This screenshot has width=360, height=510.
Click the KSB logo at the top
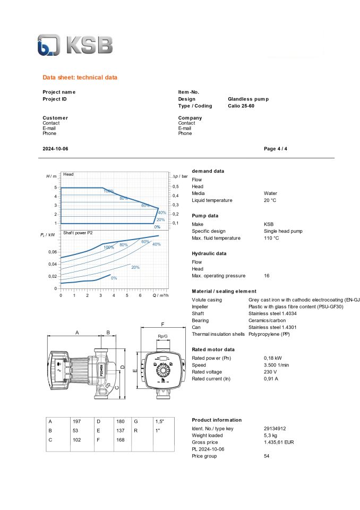[75, 45]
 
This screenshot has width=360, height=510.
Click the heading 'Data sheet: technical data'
[80, 78]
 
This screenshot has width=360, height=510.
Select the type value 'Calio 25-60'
[245, 106]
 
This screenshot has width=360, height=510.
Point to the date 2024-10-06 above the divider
[55, 149]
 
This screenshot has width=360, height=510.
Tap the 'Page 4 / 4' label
[276, 149]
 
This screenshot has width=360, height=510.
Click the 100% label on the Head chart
[109, 191]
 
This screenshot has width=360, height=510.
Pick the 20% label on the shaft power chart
[135, 267]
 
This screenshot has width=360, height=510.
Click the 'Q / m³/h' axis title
[161, 295]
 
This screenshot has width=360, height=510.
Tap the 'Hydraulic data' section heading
[209, 253]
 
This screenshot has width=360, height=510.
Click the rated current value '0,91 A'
[271, 379]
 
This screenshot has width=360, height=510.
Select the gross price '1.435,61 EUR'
[279, 442]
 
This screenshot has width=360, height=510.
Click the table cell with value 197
[76, 421]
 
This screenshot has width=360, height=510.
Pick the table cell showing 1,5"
[159, 421]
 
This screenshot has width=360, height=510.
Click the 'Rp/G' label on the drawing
[162, 336]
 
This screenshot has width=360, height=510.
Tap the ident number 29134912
[275, 428]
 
